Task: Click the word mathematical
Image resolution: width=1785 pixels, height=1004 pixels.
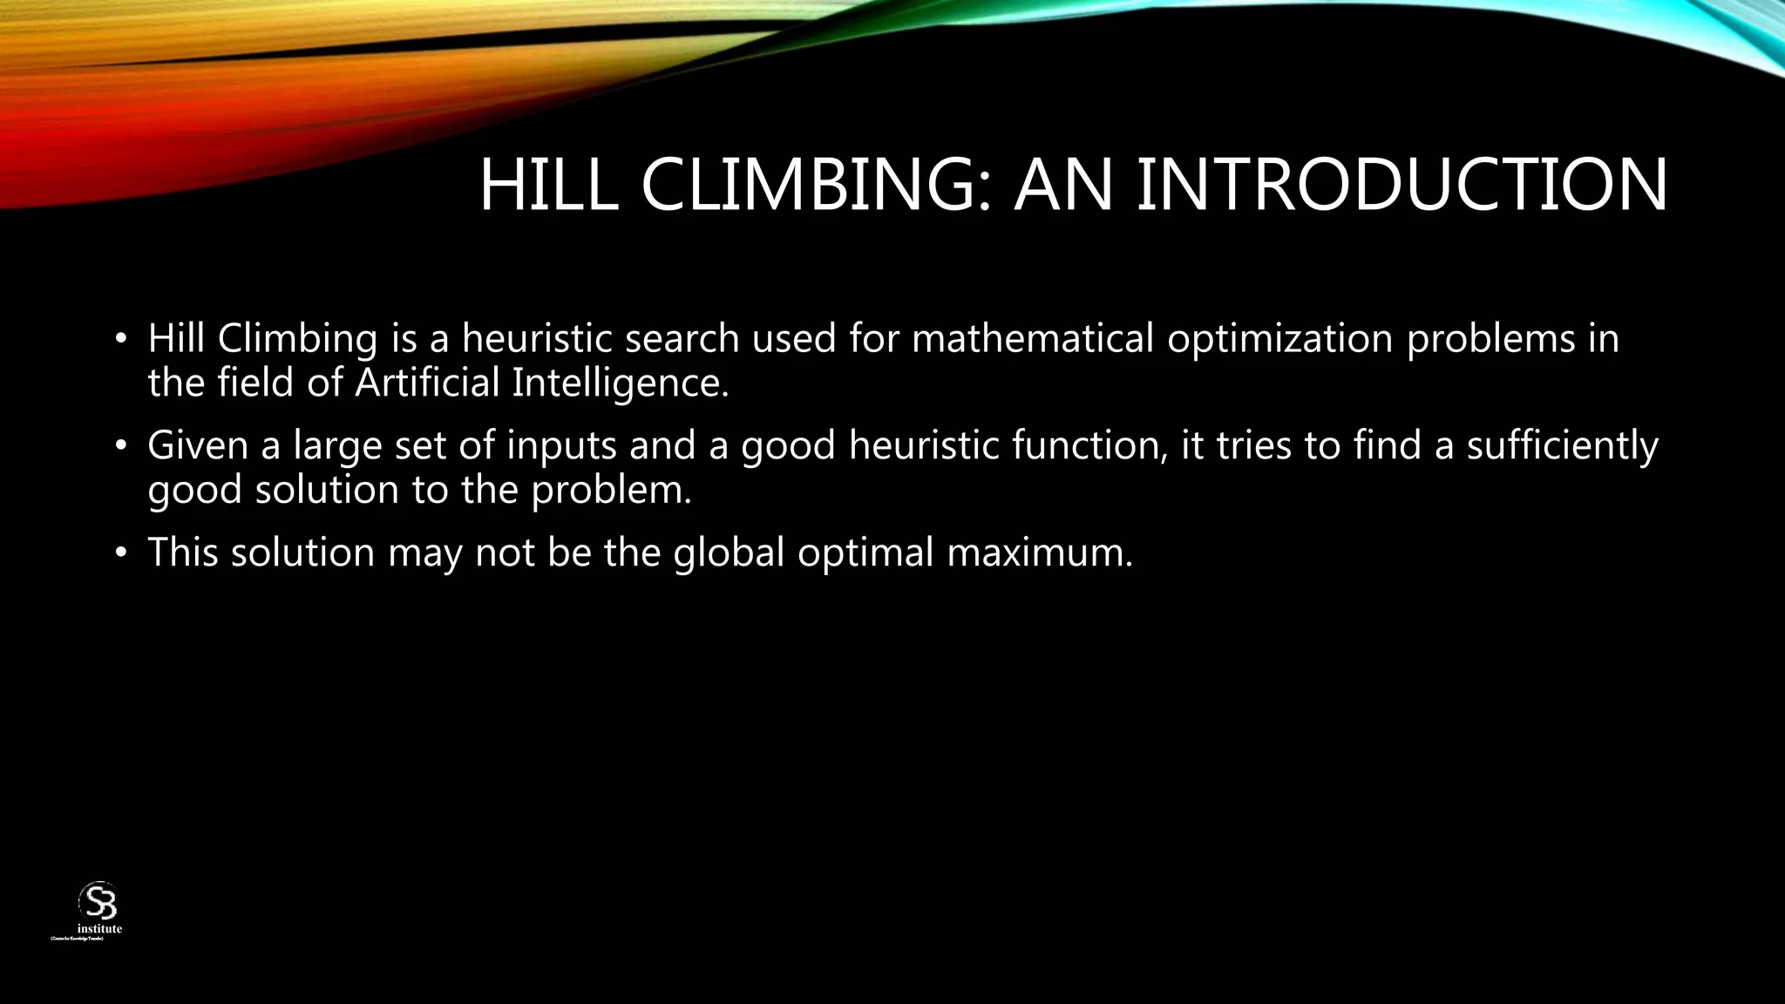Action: point(1033,338)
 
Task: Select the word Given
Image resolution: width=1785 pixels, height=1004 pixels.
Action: point(198,445)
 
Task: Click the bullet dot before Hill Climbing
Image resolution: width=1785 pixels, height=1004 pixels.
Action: point(121,340)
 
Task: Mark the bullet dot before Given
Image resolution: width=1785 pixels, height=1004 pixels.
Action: point(121,447)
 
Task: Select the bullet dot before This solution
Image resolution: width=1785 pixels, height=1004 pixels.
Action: point(121,554)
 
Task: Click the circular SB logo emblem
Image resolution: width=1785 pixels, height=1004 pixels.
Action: point(98,901)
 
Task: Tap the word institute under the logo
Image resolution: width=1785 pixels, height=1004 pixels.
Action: point(99,929)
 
